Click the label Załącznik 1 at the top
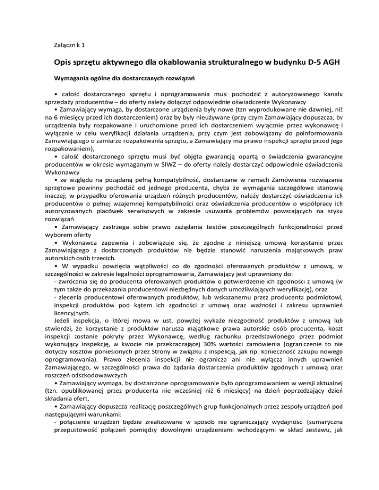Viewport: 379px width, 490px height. (x=69, y=45)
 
